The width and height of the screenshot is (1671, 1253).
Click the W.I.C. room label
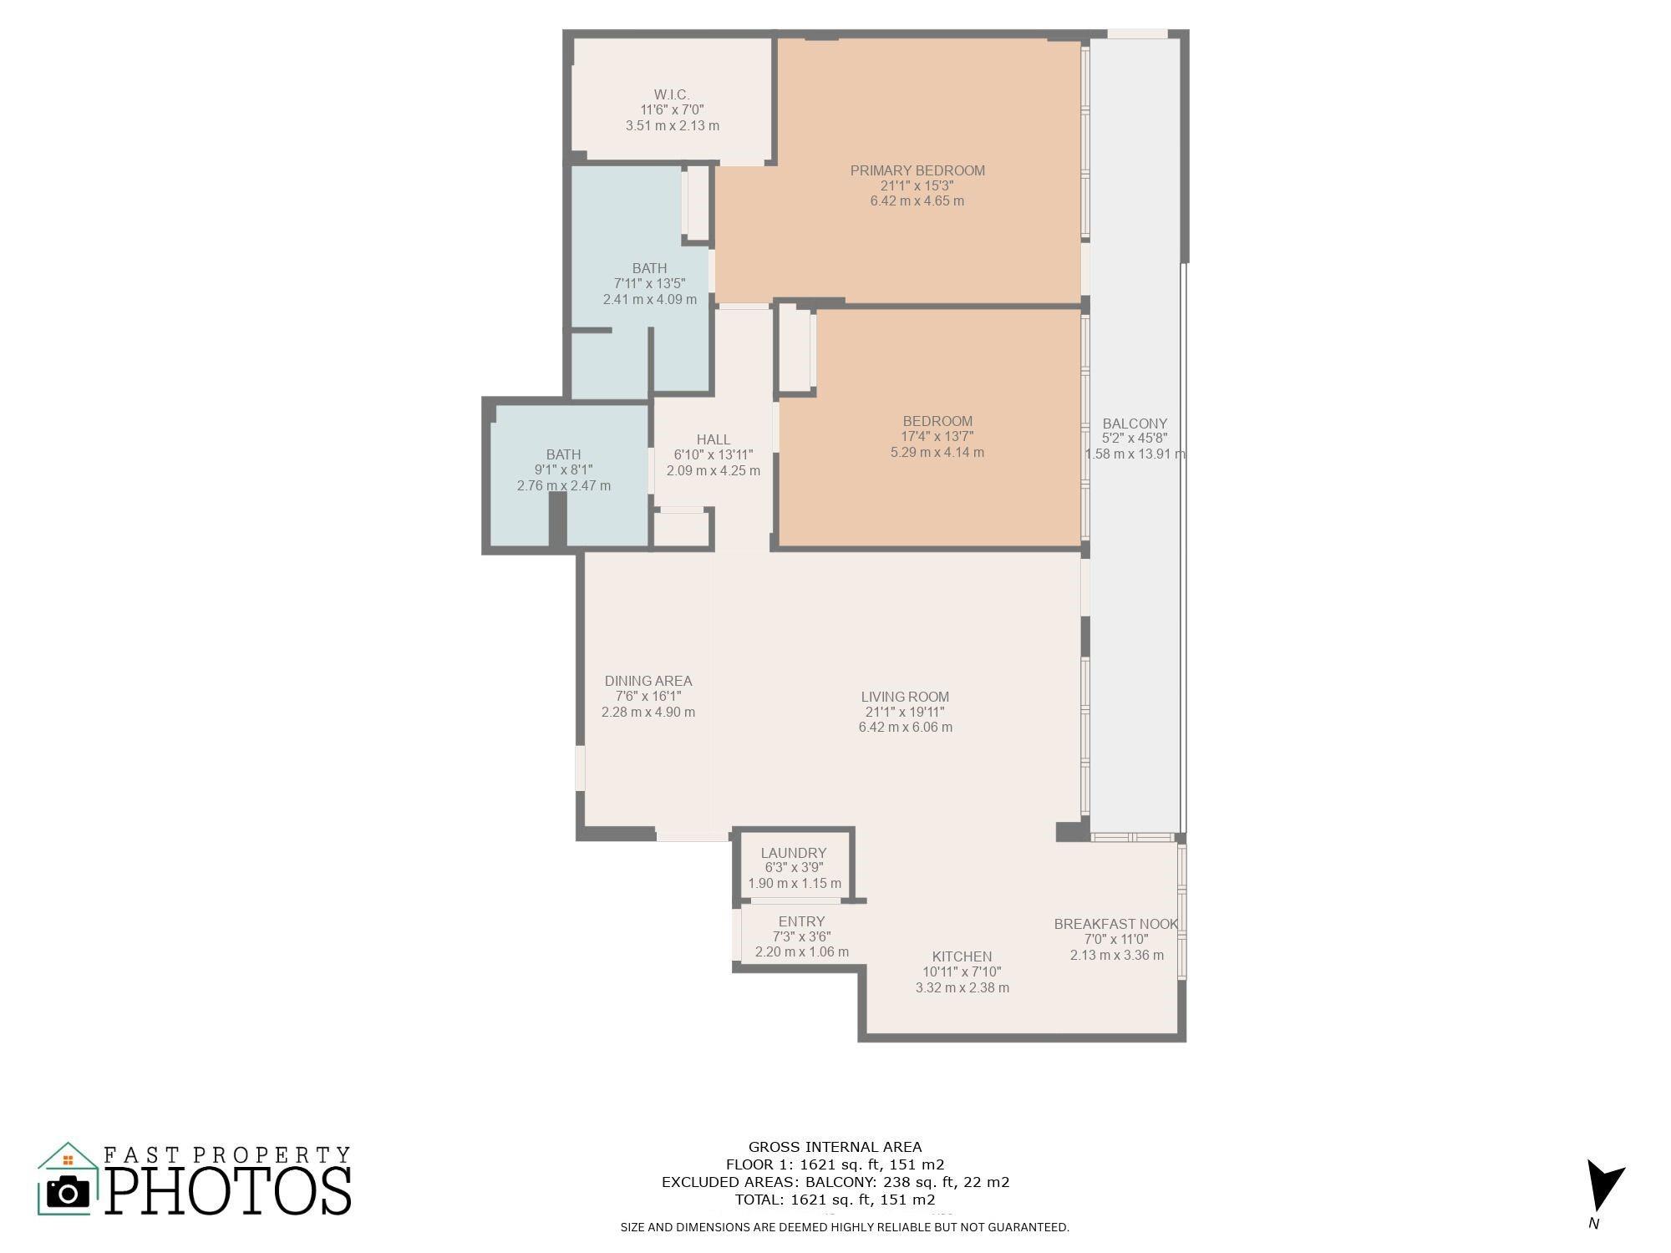pyautogui.click(x=672, y=94)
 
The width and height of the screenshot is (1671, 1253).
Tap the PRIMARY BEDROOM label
pyautogui.click(x=917, y=170)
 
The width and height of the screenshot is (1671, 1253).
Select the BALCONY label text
pyautogui.click(x=1135, y=424)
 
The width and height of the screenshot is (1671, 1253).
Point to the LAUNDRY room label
pyautogui.click(x=794, y=853)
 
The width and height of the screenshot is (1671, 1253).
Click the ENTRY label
pyautogui.click(x=801, y=921)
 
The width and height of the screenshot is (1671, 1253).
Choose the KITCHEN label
pyautogui.click(x=962, y=956)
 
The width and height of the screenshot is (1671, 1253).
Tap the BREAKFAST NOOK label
pyautogui.click(x=1116, y=924)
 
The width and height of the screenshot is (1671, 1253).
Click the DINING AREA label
pyautogui.click(x=648, y=681)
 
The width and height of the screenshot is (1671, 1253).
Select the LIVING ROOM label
pyautogui.click(x=905, y=697)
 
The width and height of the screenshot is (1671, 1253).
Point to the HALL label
pyautogui.click(x=714, y=439)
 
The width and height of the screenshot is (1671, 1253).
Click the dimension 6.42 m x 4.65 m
pyautogui.click(x=917, y=201)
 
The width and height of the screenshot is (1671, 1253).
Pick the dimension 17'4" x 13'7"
pyautogui.click(x=937, y=437)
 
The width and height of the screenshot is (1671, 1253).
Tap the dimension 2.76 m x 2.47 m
pyautogui.click(x=564, y=485)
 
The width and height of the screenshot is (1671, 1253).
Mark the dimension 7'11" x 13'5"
pyautogui.click(x=650, y=284)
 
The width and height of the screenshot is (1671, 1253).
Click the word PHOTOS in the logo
pyautogui.click(x=228, y=1190)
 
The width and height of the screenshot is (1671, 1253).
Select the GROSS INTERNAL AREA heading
pyautogui.click(x=835, y=1147)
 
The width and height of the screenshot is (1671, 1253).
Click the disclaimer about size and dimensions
pyautogui.click(x=845, y=1227)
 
